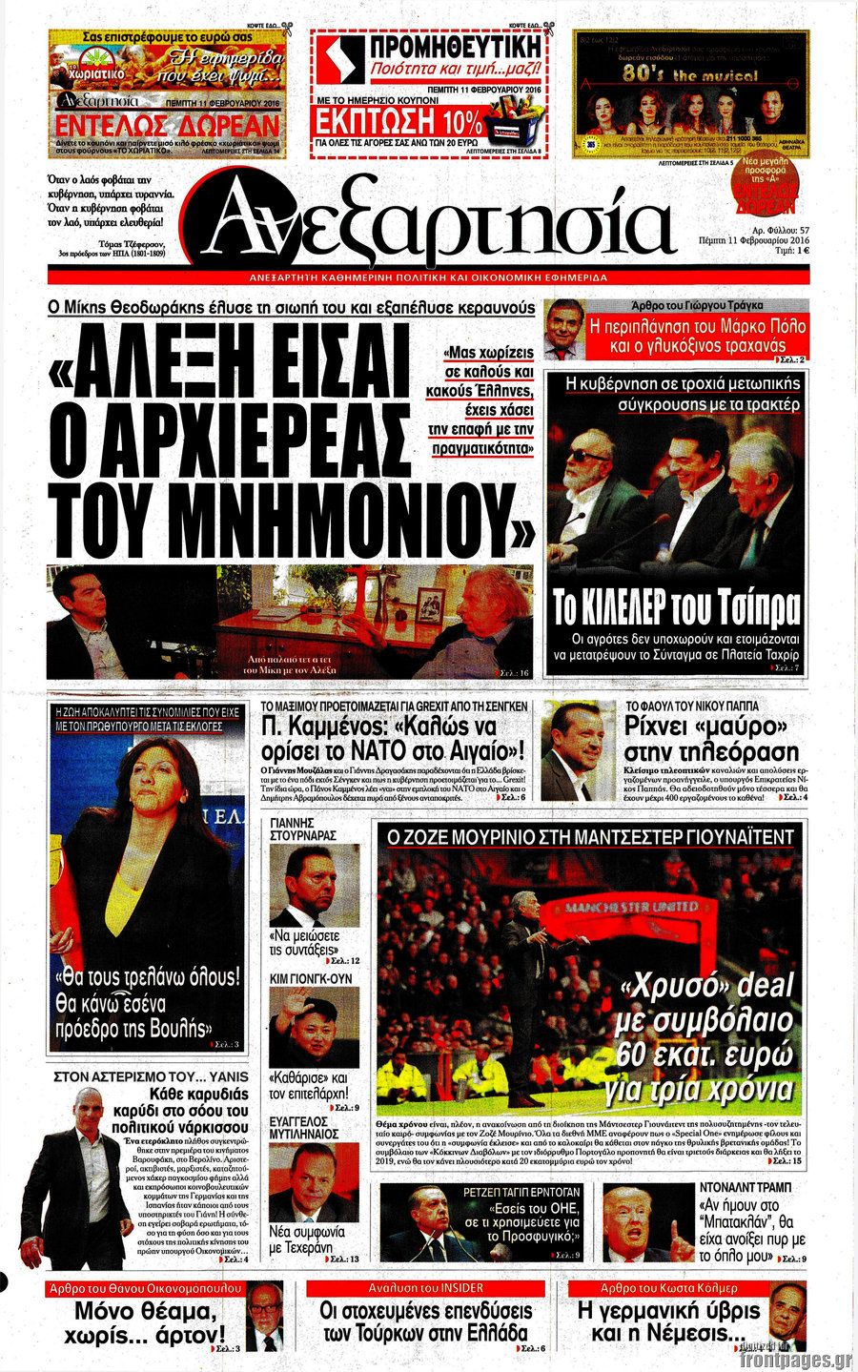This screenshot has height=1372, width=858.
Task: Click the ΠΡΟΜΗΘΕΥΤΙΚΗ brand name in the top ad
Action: pyautogui.click(x=454, y=47)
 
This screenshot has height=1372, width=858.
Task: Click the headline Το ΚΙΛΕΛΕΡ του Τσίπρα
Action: pyautogui.click(x=676, y=607)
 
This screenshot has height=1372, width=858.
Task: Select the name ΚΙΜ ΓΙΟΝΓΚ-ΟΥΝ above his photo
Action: pyautogui.click(x=311, y=978)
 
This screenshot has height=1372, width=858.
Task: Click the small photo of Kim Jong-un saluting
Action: pyautogui.click(x=314, y=1026)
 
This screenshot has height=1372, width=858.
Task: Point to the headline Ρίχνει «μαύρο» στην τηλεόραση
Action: pyautogui.click(x=711, y=739)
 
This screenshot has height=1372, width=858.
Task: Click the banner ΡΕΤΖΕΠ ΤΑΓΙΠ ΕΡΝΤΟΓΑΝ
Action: pyautogui.click(x=521, y=1192)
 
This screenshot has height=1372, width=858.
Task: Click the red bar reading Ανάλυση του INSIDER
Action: pyautogui.click(x=426, y=1288)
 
